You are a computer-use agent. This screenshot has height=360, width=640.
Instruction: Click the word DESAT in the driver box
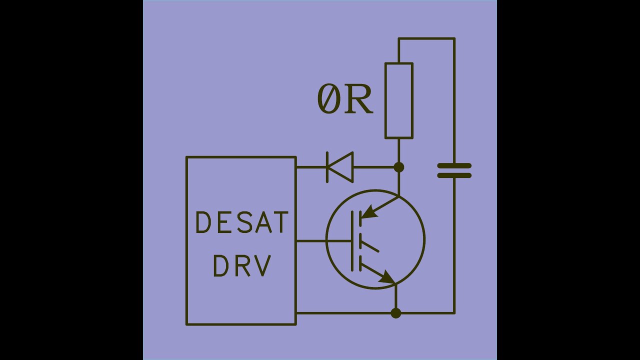(242, 223)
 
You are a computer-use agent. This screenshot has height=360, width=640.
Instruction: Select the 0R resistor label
(345, 99)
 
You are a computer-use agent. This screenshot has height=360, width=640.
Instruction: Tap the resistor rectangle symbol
(399, 100)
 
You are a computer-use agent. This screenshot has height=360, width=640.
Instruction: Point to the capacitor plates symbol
(454, 170)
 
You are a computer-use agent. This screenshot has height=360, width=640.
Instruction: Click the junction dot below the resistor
(399, 167)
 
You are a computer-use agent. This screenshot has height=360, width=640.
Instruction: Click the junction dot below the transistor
(395, 313)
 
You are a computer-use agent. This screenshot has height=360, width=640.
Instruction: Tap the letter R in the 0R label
(359, 99)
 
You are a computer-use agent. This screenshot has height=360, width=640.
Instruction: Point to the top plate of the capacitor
(454, 165)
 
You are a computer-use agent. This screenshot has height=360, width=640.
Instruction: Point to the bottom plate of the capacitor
(454, 175)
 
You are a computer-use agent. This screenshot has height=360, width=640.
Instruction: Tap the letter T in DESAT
(280, 223)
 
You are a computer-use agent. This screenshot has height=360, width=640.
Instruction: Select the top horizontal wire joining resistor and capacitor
(426, 38)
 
